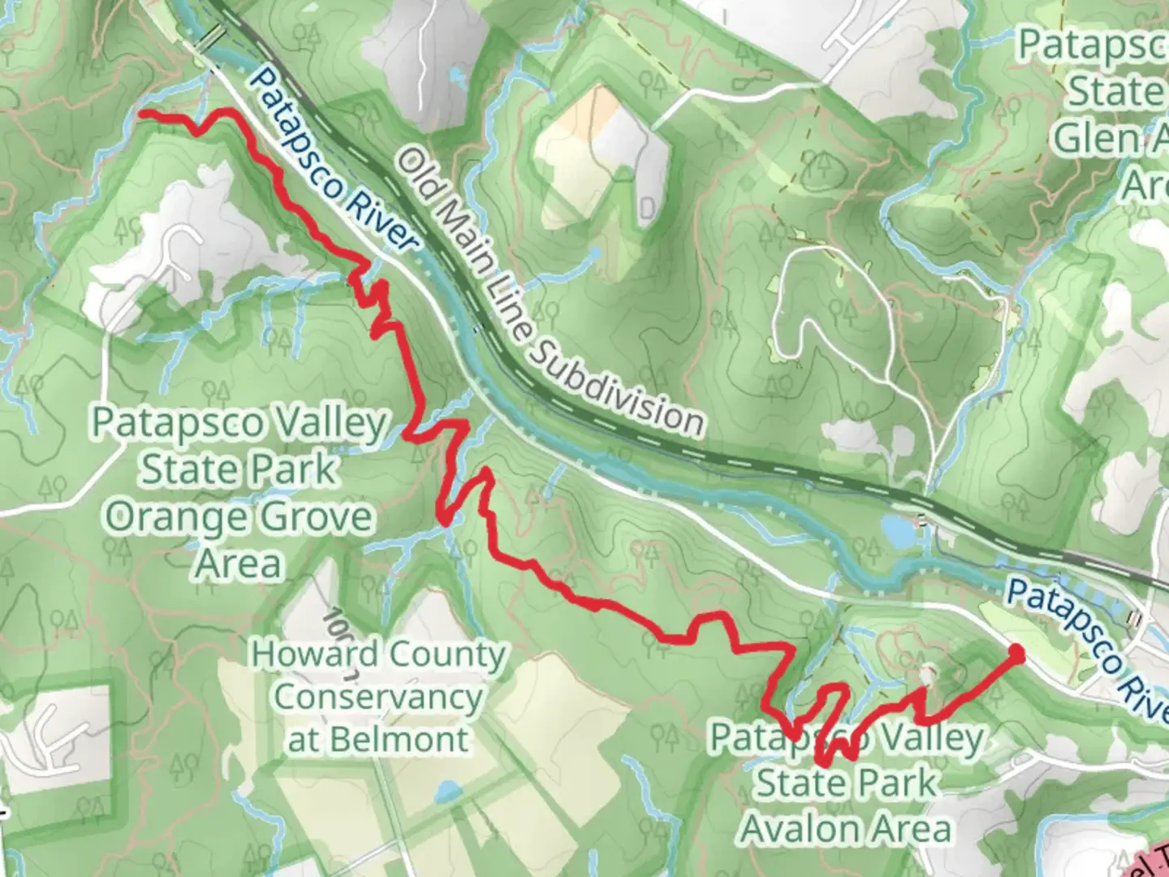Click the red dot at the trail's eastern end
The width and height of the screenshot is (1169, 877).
point(1016,650)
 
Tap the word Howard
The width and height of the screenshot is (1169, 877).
point(315,654)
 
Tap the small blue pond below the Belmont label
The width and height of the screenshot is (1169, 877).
point(444,790)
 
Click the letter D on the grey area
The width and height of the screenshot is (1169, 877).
point(647,210)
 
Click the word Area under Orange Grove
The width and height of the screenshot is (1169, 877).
point(239,564)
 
